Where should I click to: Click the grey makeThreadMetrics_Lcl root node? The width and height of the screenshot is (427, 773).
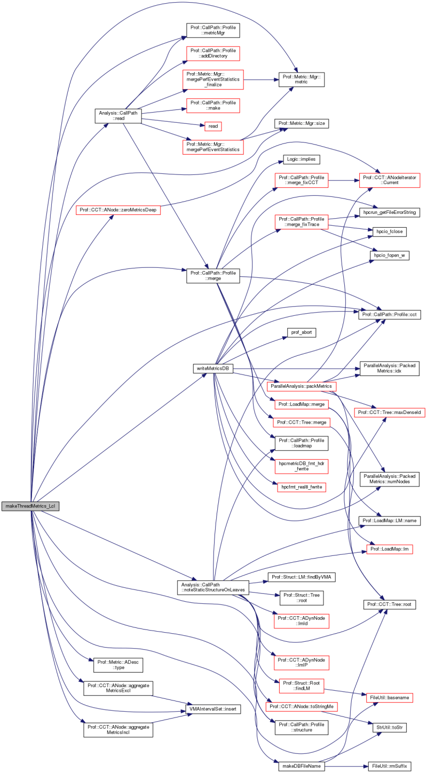(x=29, y=506)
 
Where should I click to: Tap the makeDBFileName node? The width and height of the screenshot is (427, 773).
(x=299, y=766)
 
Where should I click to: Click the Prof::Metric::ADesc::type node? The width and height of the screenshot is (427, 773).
(x=119, y=664)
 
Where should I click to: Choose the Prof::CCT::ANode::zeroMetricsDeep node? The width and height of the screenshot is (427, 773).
(x=119, y=210)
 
